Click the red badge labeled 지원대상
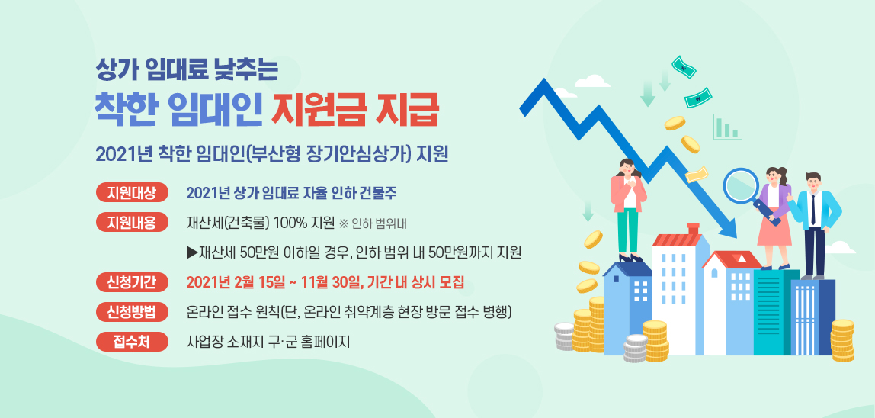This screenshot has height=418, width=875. (132, 193)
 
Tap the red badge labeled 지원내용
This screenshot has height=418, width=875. (132, 223)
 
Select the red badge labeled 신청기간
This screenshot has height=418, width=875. (132, 282)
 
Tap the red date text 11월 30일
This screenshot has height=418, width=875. (332, 282)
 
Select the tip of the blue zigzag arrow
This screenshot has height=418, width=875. (736, 237)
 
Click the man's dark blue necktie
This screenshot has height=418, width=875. (813, 209)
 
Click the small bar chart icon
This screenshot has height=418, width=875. (726, 127)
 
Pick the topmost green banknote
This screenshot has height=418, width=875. (684, 66)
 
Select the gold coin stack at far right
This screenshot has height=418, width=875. (842, 340)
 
